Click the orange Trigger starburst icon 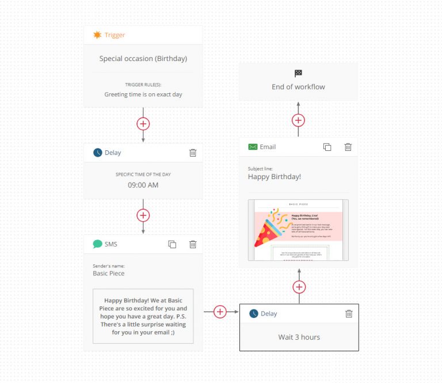97,35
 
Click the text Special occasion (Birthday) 143,58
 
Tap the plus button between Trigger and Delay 143,123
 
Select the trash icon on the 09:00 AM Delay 193,153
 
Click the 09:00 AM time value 143,185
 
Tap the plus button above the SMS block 143,215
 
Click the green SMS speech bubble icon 97,244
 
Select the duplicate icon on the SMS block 172,244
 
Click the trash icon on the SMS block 193,244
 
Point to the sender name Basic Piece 109,274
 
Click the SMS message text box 143,316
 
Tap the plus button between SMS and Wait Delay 220,312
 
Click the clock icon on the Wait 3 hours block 253,314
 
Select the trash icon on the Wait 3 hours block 348,314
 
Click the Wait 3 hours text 299,337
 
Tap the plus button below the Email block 299,287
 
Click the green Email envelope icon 253,147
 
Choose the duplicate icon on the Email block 327,147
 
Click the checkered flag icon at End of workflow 298,73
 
